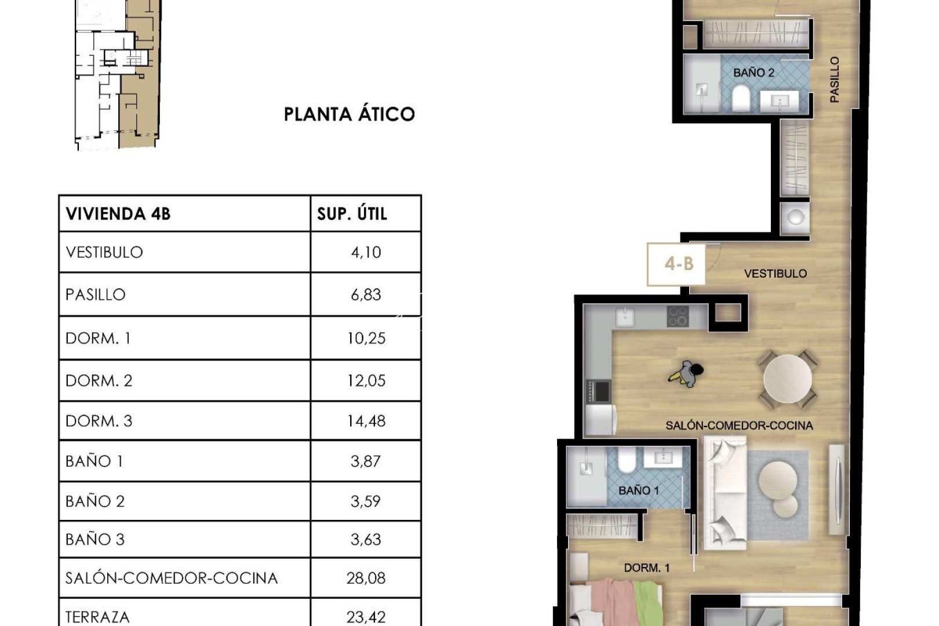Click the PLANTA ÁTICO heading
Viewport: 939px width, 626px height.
pos(349,114)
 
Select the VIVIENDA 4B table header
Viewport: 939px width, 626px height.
pos(118,214)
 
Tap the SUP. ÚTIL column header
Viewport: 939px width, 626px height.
pos(352,214)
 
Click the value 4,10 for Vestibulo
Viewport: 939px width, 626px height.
pos(366,252)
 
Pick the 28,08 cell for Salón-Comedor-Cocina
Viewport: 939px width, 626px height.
pos(366,578)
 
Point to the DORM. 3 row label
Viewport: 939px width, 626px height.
pos(99,421)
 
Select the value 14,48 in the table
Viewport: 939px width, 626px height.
pos(366,421)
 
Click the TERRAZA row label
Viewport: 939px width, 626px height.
pos(97,617)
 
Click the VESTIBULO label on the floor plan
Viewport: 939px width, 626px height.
pos(775,274)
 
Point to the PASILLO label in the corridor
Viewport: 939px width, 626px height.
pos(834,79)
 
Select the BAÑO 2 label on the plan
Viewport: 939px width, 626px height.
pos(753,73)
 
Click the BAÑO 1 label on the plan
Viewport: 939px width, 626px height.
pos(638,490)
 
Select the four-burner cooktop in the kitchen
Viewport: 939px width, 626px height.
pos(677,317)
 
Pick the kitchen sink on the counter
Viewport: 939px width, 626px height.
pos(624,317)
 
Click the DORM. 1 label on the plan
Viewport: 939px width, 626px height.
pos(646,567)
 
